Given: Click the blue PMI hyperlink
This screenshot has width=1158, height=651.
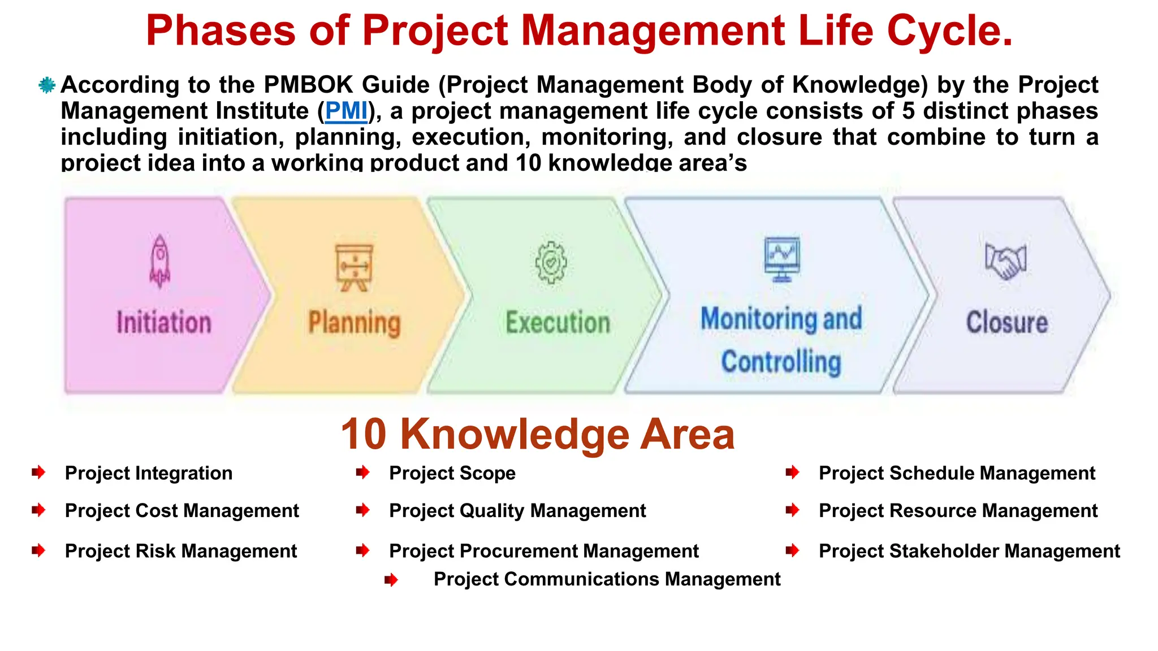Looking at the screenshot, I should (346, 111).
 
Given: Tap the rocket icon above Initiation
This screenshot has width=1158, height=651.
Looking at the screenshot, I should (160, 261).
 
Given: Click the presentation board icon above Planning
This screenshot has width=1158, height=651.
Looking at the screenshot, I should (355, 267).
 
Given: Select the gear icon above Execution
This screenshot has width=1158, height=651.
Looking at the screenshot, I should (551, 263).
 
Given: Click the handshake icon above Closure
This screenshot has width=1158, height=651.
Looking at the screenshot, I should (1005, 261).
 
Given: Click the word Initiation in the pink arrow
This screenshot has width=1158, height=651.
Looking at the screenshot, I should (164, 323).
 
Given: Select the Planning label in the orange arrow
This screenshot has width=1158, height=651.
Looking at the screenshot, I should (355, 323).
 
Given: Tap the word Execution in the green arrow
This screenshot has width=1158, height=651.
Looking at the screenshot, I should (558, 323).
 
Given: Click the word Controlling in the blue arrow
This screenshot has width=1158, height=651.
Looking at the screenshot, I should (781, 362).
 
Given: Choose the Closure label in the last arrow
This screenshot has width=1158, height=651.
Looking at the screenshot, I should (1006, 323).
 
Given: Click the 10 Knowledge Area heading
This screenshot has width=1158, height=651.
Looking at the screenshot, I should (537, 434).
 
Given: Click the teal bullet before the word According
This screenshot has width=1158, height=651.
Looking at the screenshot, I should (47, 85).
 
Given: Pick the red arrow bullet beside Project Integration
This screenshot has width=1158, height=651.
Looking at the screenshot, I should (38, 472).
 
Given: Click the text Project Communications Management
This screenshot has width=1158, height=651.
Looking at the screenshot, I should (607, 579).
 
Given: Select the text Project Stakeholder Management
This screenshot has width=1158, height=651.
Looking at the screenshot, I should (969, 551).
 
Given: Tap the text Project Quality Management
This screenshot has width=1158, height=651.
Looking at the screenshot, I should (517, 511).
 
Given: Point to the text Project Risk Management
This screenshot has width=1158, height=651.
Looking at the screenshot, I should (181, 551).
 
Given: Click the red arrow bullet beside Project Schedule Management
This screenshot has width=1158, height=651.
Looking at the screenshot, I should (793, 472).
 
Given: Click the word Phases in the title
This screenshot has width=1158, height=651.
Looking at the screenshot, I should (221, 31).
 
